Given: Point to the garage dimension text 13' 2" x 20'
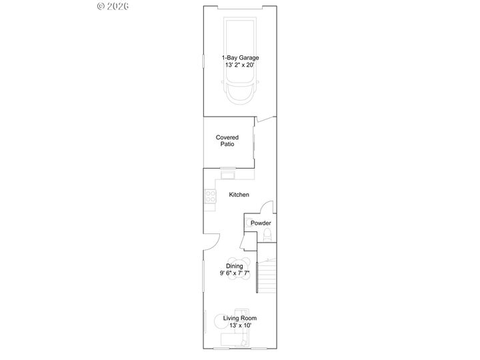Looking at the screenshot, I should pos(239,65).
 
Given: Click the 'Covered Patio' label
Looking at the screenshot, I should pos(227,141).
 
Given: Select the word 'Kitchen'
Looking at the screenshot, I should pos(239,195).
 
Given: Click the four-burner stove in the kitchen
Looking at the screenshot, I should pos(210,197).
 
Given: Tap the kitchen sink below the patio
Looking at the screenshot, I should pos(228,175).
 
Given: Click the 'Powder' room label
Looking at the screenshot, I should pos(261,223).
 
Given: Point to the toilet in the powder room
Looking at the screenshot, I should pos(267,233).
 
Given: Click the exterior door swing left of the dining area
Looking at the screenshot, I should pos(211,241).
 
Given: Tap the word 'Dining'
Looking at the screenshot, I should pos(234,266).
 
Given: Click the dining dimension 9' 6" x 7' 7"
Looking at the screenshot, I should pos(235,273).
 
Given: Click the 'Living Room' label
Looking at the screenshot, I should pos(239,318).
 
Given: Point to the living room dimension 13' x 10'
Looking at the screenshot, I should pos(239,325).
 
